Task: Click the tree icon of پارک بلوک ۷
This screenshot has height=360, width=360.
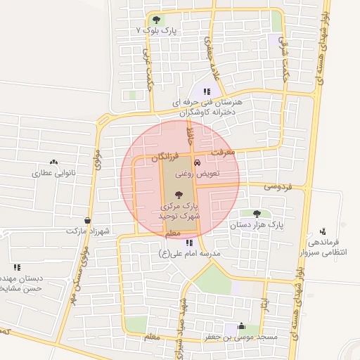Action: click(x=155, y=20)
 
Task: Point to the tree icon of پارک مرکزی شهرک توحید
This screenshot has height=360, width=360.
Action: click(x=180, y=195)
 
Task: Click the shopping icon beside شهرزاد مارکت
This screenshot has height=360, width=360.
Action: click(x=86, y=220)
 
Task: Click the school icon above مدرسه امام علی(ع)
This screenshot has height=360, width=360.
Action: click(x=189, y=242)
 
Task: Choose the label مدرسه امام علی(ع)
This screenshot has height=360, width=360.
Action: click(x=190, y=252)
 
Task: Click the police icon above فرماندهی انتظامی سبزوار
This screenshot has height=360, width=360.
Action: click(x=323, y=231)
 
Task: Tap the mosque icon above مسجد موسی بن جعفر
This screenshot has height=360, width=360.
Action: click(x=242, y=326)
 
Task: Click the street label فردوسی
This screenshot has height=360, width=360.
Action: click(x=277, y=187)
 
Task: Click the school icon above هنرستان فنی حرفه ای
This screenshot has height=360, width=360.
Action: click(x=207, y=91)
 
